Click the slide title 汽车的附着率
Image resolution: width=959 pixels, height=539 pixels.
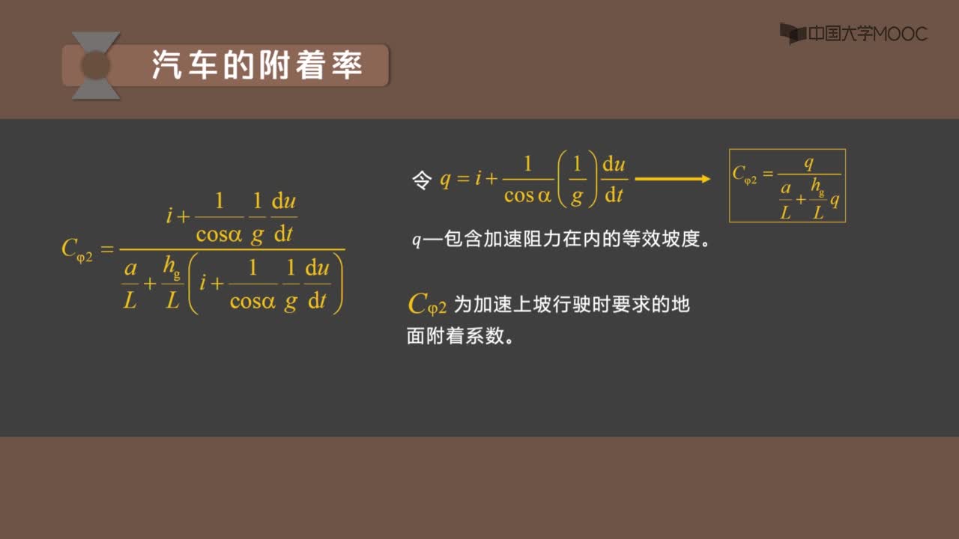pos(257,65)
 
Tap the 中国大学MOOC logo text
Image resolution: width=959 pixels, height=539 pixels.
pos(868,34)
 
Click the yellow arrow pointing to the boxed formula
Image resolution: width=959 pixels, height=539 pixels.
pos(673,179)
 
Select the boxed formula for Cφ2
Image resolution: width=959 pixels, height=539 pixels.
pos(787,186)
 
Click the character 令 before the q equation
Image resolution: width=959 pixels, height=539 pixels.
pos(422,180)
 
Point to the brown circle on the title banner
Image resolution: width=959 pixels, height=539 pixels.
pos(95,65)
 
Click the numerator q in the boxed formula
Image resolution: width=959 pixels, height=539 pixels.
pos(808,163)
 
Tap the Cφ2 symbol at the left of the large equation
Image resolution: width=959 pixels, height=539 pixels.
pos(77,250)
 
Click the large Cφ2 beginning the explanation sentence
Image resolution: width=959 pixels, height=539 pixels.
pos(427,305)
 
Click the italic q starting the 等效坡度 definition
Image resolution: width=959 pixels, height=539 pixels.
pos(416,240)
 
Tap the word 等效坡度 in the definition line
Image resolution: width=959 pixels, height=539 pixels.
pos(661,238)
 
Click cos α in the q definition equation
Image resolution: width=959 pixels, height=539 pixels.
pos(527,195)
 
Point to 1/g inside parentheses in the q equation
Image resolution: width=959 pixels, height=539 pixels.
pos(577,180)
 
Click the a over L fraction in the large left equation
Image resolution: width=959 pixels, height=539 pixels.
pos(130,284)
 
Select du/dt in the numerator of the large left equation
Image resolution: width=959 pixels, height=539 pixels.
pos(284,217)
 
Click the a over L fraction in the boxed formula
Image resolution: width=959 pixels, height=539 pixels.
pos(785,200)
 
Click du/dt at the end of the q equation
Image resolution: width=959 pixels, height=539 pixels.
pos(614,180)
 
